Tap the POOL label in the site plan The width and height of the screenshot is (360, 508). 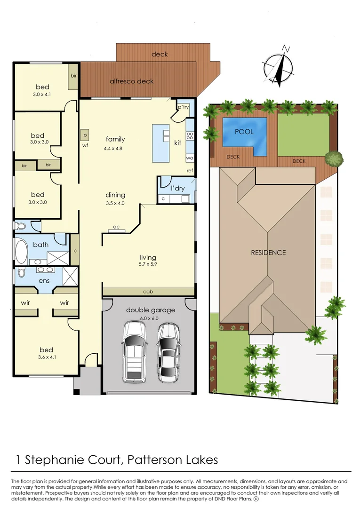pyautogui.click(x=244, y=132)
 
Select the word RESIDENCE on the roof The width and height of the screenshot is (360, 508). pyautogui.click(x=268, y=253)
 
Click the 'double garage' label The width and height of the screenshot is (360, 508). pyautogui.click(x=150, y=310)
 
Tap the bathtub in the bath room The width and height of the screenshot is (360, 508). pyautogui.click(x=21, y=252)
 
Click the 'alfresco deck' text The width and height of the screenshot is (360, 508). pyautogui.click(x=131, y=81)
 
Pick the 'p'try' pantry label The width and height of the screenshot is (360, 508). pyautogui.click(x=183, y=108)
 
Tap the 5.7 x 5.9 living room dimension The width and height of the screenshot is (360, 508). pyautogui.click(x=148, y=265)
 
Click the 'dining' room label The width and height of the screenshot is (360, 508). pyautogui.click(x=115, y=195)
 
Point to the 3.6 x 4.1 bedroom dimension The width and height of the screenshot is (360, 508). pyautogui.click(x=46, y=358)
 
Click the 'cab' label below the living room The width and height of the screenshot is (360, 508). pyautogui.click(x=147, y=292)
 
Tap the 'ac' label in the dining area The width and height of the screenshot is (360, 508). pyautogui.click(x=116, y=227)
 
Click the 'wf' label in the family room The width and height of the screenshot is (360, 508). pyautogui.click(x=85, y=146)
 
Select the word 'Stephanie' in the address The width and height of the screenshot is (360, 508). pyautogui.click(x=62, y=459)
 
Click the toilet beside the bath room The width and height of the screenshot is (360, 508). pyautogui.click(x=21, y=226)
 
